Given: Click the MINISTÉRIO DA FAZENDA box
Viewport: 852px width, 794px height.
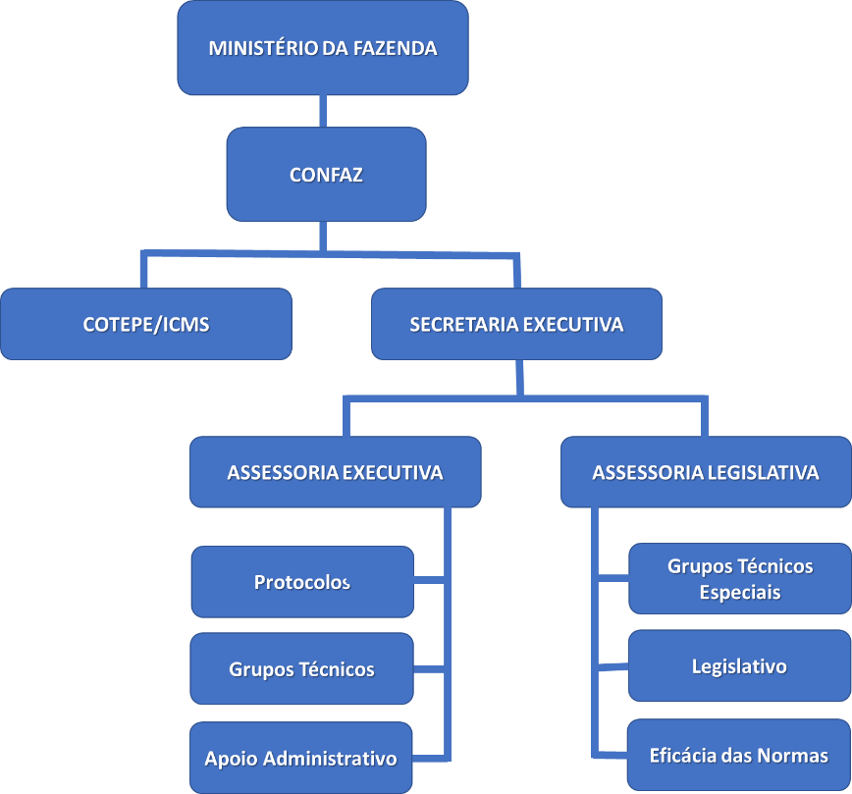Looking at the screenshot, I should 322,48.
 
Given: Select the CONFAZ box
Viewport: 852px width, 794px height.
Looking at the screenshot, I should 326,175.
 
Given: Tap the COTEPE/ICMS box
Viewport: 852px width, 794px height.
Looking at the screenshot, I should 146,324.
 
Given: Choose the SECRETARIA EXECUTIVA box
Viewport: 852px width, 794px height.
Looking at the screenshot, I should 516,324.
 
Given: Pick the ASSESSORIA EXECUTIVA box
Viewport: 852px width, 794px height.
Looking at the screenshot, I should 335,472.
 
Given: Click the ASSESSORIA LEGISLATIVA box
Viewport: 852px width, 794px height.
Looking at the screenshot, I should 705,472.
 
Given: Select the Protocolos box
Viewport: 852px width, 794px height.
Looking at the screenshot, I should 302,582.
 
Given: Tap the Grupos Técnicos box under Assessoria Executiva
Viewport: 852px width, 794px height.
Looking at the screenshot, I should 302,669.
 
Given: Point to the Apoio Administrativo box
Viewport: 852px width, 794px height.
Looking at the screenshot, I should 300,758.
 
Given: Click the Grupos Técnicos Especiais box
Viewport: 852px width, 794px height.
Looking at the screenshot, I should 739,579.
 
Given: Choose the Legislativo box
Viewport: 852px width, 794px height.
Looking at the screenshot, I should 739,666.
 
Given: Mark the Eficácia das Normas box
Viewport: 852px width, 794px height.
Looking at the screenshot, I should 739,756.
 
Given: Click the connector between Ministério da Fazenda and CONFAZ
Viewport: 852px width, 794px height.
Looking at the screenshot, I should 323,111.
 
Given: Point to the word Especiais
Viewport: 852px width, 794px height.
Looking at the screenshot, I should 740,593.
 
